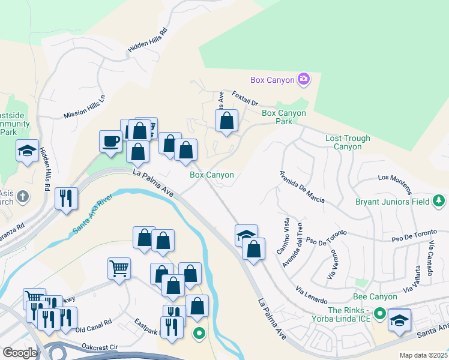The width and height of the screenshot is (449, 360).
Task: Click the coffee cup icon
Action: [110, 141]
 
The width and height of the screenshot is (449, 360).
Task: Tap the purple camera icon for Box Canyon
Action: [304, 79]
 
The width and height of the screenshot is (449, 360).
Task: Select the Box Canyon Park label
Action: [284, 117]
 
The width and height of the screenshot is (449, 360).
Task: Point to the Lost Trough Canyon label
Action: [348, 142]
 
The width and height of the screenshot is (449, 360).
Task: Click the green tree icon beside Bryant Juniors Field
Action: [439, 202]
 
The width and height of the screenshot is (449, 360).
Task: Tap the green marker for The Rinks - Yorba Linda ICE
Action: [379, 313]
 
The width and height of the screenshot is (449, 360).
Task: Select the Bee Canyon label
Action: [375, 296]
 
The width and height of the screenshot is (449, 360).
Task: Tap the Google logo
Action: [19, 353]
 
